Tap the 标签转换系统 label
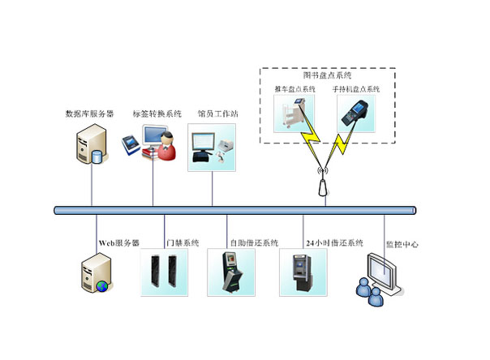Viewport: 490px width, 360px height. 154,114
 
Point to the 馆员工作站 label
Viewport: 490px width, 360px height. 212,114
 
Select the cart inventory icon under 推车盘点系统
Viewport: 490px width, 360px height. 296,114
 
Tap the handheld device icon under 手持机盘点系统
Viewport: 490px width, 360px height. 355,114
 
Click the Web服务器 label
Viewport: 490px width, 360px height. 120,242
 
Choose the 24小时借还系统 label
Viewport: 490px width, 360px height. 334,242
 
